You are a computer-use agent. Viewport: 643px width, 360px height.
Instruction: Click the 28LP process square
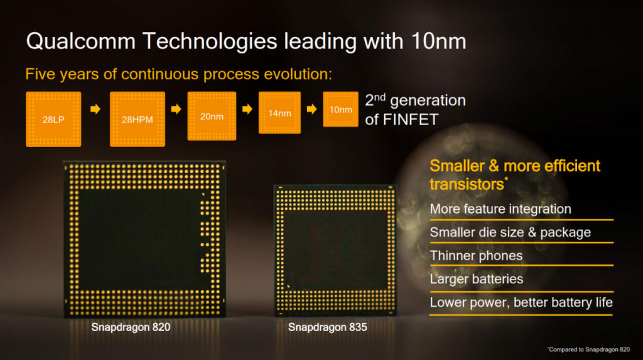(x=53, y=119)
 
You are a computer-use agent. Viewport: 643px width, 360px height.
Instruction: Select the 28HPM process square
(x=138, y=119)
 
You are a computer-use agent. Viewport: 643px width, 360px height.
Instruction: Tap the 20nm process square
(x=212, y=116)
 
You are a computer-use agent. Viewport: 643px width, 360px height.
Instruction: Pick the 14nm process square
(x=279, y=113)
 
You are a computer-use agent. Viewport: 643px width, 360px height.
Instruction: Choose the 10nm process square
(x=341, y=109)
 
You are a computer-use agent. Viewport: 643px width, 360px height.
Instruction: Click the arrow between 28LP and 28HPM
(x=95, y=109)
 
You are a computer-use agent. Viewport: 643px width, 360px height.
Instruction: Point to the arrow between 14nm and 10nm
(x=311, y=109)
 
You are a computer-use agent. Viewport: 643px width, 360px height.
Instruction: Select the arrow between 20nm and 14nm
(x=247, y=109)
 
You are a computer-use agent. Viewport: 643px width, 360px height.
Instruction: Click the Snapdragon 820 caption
(x=131, y=327)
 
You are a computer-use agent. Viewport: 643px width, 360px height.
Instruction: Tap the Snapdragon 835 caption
(x=327, y=327)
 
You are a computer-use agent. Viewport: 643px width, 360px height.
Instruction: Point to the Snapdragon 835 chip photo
(x=335, y=250)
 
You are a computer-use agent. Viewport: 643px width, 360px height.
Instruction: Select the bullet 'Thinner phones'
(x=476, y=256)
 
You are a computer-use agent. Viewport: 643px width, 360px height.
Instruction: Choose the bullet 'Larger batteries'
(x=476, y=279)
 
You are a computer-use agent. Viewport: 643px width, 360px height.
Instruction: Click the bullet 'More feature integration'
(x=500, y=209)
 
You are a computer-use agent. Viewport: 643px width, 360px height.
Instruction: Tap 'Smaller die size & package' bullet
(x=510, y=232)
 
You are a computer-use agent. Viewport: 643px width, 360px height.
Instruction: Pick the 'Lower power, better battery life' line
(x=521, y=302)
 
